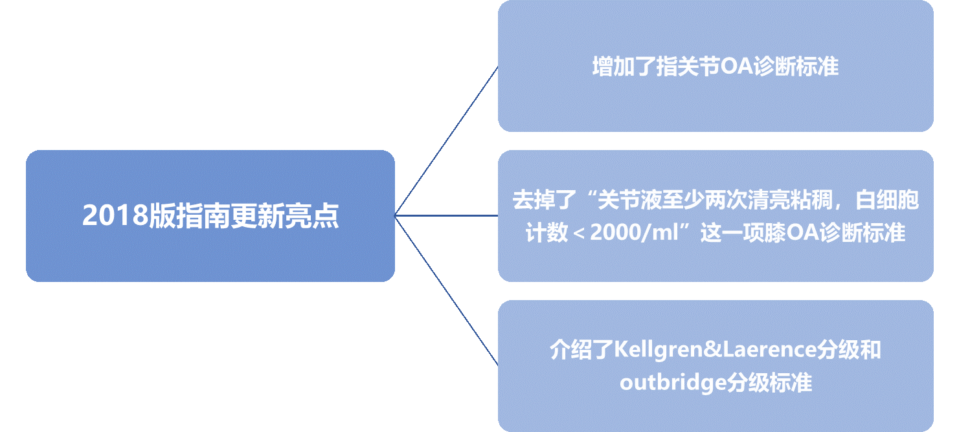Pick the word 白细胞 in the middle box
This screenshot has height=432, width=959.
(887, 200)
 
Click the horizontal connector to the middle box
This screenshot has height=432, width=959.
(447, 215)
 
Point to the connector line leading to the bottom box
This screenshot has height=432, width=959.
(447, 290)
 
